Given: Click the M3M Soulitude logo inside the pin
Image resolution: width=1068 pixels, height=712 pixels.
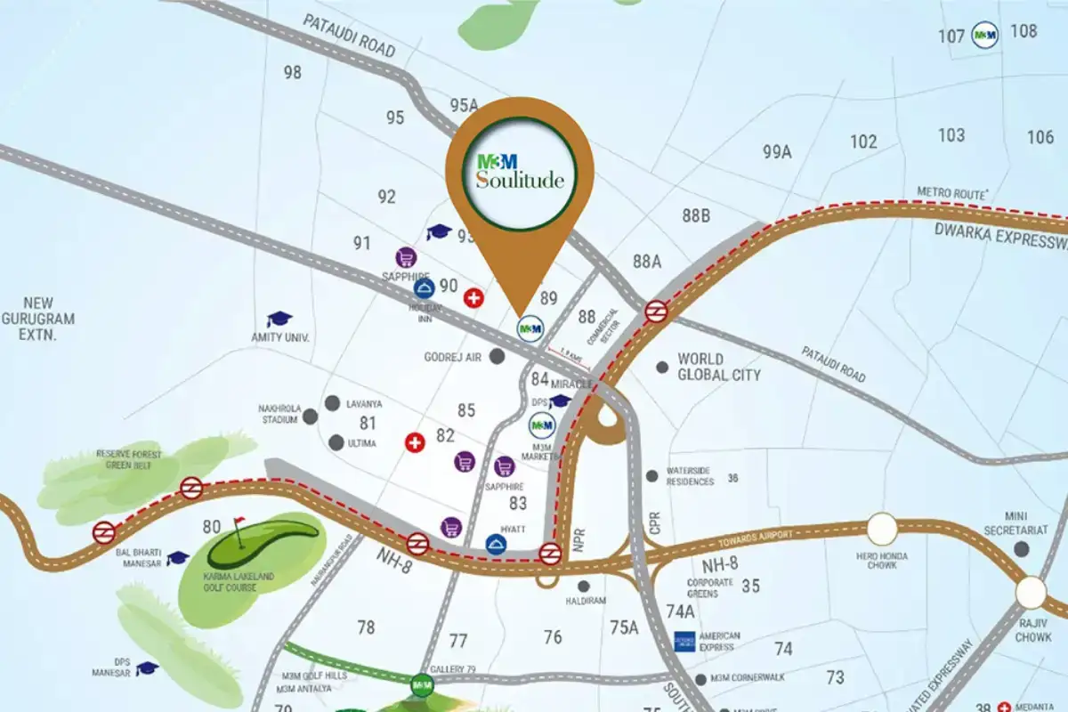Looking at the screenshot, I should click(519, 172).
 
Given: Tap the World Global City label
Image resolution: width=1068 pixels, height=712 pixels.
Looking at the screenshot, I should click(718, 367).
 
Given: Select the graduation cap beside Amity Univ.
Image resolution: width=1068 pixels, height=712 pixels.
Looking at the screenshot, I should click(279, 319).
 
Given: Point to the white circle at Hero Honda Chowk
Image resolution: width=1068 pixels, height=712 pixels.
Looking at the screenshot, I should click(882, 530).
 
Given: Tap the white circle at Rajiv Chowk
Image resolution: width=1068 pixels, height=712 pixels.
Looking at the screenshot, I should click(1031, 592).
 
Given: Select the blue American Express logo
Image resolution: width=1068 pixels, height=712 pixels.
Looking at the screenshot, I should click(684, 642).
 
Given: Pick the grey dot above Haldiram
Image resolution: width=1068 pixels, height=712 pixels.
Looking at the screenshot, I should click(584, 586).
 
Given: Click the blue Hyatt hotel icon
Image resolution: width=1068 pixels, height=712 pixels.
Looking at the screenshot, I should click(495, 544).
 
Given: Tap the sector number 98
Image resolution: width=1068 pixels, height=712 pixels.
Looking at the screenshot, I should click(293, 73).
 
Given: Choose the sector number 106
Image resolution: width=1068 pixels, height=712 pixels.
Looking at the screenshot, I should click(1040, 137).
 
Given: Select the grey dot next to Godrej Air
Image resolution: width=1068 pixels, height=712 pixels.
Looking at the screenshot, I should click(498, 356).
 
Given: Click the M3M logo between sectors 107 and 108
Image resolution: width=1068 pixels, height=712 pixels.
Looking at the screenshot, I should click(983, 35).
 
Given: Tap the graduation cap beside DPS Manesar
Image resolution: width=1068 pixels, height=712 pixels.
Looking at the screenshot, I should click(147, 667).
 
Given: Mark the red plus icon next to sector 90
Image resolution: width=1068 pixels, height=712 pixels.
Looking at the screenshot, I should click(473, 298).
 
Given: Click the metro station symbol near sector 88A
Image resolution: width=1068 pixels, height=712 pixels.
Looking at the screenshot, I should click(657, 311).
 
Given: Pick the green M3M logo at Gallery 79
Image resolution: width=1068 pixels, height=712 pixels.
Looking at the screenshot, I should click(422, 685).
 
